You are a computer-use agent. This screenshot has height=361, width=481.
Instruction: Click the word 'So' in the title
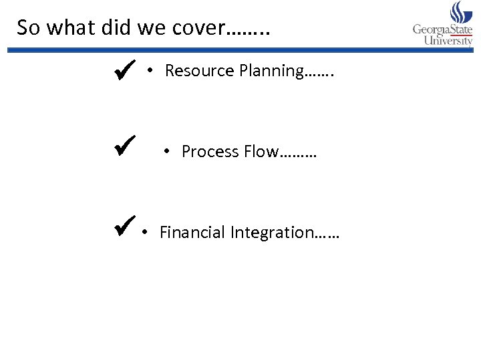coord(27,27)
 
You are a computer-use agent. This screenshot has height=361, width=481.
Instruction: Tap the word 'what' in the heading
coord(68,27)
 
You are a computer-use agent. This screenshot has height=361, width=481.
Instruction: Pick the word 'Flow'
coord(261,152)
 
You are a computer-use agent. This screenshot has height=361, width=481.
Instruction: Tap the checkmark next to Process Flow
coord(125,145)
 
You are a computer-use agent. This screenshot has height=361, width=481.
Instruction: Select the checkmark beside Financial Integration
coord(125,227)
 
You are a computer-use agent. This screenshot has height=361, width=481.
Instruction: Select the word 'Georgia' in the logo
coord(431,29)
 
